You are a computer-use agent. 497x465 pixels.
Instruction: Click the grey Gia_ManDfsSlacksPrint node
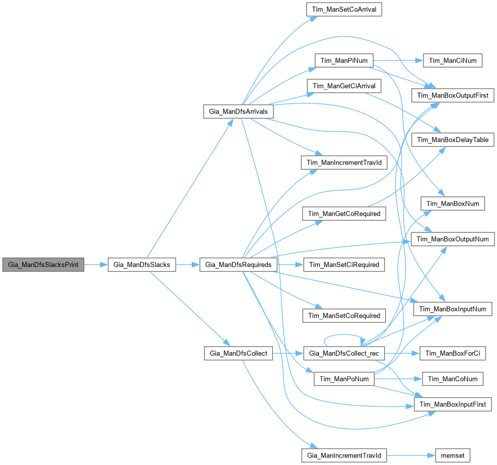43,264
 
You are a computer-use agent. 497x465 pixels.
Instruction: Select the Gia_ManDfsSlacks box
141,264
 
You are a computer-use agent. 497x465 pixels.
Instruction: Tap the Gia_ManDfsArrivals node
238,111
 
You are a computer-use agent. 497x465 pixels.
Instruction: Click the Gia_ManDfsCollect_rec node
344,353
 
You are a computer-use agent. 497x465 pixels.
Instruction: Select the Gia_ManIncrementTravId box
344,455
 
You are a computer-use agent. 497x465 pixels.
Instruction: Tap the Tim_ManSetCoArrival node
344,9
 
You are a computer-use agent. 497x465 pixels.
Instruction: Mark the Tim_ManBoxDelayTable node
453,140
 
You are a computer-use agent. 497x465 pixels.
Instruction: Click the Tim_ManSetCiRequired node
344,264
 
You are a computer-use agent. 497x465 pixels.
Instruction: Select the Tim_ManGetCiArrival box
344,86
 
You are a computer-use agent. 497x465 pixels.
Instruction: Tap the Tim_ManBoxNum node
453,204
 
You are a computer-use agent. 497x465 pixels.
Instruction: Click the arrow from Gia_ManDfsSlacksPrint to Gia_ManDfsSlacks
96,264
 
